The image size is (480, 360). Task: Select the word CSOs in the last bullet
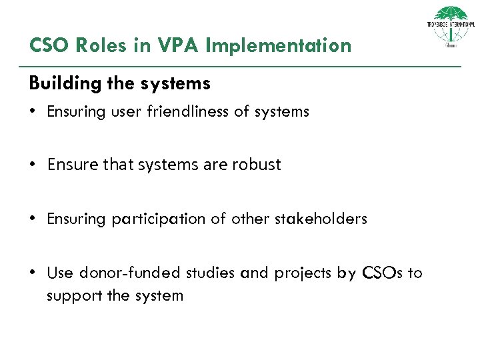(x=381, y=273)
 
